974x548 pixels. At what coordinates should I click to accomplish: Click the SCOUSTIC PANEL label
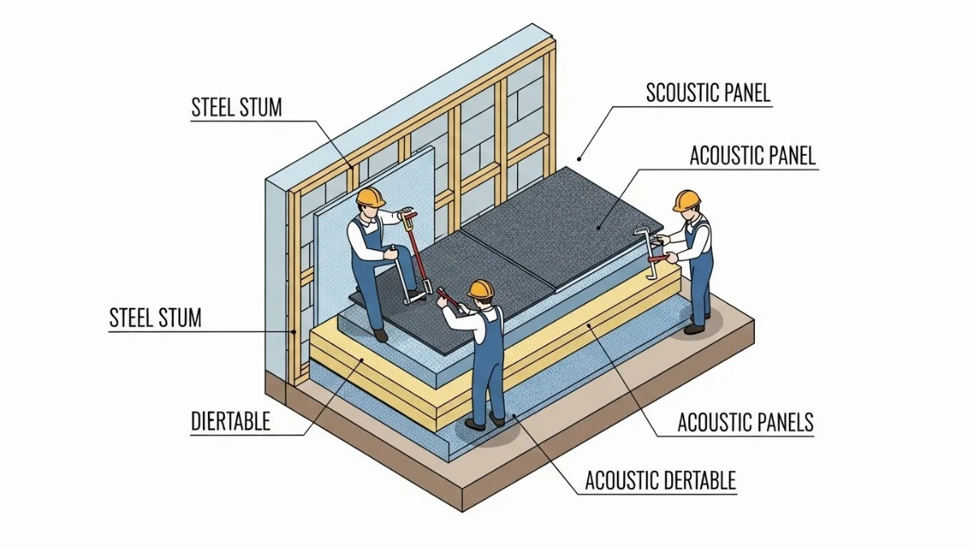[708, 92]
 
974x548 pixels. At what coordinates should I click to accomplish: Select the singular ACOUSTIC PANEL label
[752, 156]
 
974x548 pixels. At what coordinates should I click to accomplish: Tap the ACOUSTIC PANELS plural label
[745, 423]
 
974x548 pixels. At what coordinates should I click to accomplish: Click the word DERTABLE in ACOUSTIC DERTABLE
[696, 481]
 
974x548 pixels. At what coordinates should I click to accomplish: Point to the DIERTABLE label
[231, 421]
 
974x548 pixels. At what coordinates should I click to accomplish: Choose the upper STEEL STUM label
[236, 108]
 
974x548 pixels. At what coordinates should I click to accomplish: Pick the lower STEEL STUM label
[155, 317]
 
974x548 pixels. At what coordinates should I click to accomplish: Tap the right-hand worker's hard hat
[687, 200]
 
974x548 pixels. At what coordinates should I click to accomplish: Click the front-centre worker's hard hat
[481, 288]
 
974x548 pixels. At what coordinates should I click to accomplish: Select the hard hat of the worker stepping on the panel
[371, 196]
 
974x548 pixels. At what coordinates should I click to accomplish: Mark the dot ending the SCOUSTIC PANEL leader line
[580, 158]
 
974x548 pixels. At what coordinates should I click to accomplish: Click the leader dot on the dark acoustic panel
[599, 227]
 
